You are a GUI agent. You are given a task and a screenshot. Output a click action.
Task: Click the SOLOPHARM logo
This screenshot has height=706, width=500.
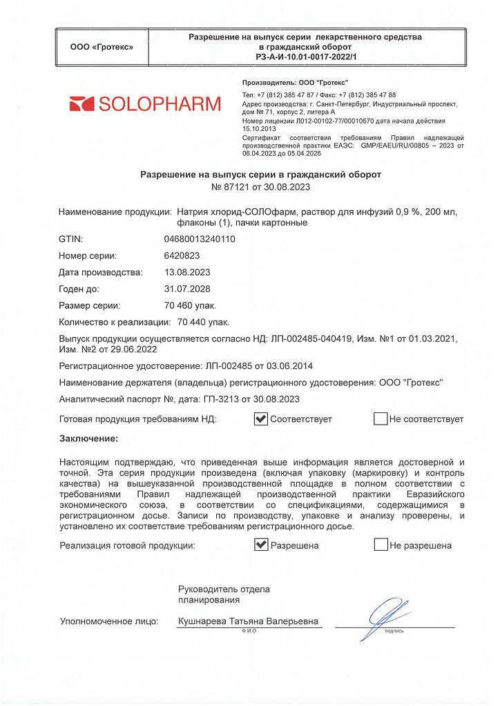(x=145, y=104)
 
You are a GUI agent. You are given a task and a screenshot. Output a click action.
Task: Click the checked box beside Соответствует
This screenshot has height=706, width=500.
(x=260, y=418)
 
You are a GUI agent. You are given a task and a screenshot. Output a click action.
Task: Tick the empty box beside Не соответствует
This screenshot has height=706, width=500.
(x=380, y=418)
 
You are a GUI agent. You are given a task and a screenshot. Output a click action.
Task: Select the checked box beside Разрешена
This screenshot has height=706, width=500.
(x=260, y=545)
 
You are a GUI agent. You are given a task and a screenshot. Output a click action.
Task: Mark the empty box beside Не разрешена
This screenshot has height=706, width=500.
(x=380, y=545)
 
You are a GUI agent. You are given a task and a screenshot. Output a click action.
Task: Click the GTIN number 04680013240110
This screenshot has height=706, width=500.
(x=200, y=239)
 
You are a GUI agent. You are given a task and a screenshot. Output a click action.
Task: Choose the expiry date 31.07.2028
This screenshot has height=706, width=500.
(x=187, y=289)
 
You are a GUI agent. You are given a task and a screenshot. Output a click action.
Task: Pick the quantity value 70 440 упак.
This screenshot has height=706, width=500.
(x=204, y=322)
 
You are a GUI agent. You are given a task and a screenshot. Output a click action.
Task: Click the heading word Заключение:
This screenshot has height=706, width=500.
(x=88, y=438)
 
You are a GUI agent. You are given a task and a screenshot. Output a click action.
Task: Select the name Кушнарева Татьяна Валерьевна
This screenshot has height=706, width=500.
(x=248, y=621)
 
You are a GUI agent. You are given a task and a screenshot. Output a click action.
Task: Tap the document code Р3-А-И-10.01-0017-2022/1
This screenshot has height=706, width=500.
(x=305, y=57)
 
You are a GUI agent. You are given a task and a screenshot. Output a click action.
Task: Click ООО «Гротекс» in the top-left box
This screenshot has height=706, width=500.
(x=102, y=47)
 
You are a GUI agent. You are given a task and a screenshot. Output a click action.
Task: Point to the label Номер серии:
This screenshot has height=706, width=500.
(x=88, y=256)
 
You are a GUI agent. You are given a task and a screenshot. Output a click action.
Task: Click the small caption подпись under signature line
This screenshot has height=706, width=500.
(x=394, y=631)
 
